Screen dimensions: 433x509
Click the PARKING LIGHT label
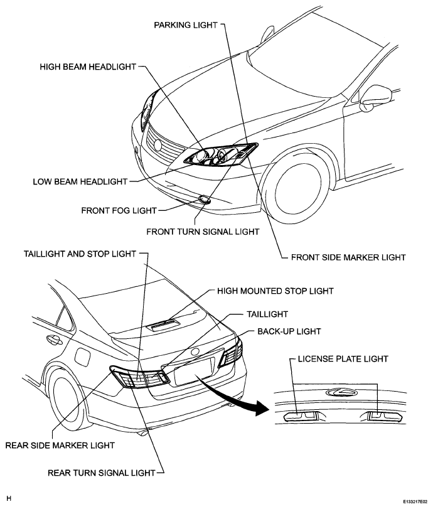coord(186,25)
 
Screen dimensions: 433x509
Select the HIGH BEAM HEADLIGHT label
coord(88,67)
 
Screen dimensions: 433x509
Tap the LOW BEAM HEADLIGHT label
coord(80,181)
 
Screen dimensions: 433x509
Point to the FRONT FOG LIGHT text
coord(119,210)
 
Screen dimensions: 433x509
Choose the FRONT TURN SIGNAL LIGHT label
coord(203,232)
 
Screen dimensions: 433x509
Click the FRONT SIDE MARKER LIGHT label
coord(348,257)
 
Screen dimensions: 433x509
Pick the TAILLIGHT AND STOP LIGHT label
coord(80,254)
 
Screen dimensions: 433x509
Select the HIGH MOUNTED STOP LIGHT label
coord(275,291)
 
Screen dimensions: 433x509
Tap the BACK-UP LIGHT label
coord(289,331)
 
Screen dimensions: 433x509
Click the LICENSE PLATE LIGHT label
coord(343,359)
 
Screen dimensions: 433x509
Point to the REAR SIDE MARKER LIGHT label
coord(60,445)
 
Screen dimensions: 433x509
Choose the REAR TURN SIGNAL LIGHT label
coord(101,473)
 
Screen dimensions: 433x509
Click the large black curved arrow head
coord(262,408)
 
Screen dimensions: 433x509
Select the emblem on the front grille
coord(158,145)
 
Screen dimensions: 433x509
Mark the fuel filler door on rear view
coord(82,356)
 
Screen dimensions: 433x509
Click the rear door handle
coord(54,340)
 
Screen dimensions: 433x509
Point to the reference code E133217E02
coord(415,501)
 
